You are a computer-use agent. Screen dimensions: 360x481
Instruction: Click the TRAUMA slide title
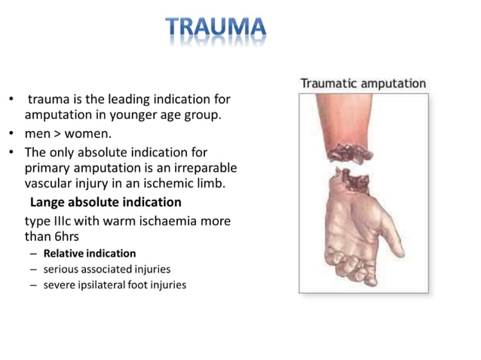click(x=216, y=28)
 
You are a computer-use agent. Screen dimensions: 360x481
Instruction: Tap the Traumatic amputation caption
click(x=363, y=84)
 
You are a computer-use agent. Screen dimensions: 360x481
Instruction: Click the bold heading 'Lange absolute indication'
click(x=106, y=202)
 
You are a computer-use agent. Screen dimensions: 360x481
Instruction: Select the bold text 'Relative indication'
click(x=90, y=253)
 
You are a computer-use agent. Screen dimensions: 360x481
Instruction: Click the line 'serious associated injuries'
click(x=107, y=269)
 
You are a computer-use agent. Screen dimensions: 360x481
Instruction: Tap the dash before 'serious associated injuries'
click(x=34, y=269)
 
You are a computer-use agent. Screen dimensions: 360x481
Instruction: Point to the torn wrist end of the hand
click(x=354, y=181)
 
